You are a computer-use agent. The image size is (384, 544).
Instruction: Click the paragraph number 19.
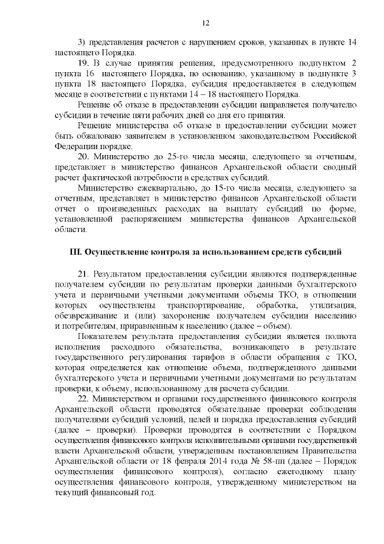coord(84,63)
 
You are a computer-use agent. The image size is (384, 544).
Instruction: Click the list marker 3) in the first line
coord(83,42)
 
